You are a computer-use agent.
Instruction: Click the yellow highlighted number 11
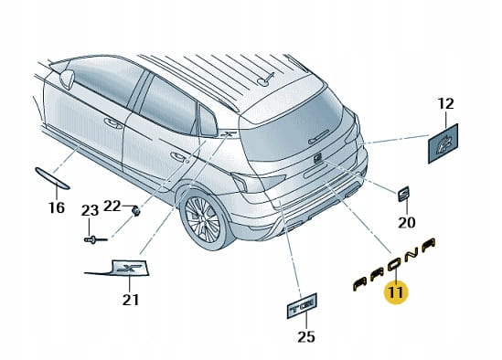pos(396,292)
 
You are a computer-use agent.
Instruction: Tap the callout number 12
pos(445,103)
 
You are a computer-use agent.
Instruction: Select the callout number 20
pos(407,222)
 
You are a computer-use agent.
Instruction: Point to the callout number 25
pos(306,336)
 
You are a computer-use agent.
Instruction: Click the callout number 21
pos(131,300)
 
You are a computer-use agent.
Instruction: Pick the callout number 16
pos(57,207)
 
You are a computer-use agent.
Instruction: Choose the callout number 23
pos(90,210)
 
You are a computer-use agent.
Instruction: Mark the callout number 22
pos(112,206)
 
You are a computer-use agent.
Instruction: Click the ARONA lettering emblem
pos(394,264)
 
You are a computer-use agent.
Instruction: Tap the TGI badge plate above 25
pos(302,306)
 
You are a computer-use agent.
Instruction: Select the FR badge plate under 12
pos(443,143)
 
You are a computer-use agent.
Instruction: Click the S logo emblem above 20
pos(404,194)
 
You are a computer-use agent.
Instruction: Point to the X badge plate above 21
pos(129,268)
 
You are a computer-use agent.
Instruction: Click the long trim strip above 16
pos(52,178)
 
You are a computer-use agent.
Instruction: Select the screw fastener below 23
pos(95,239)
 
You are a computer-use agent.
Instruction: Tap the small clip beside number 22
pos(136,211)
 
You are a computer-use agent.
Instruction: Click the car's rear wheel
pos(203,219)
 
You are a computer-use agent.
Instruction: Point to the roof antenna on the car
pos(266,79)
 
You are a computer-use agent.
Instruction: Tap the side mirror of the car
pos(68,79)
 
